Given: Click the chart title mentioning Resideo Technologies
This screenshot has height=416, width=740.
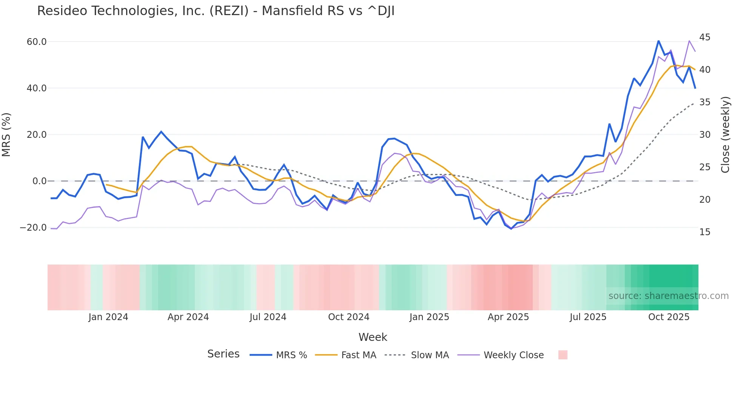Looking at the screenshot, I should [x=216, y=11].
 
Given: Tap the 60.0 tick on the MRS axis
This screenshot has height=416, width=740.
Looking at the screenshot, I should [x=37, y=42].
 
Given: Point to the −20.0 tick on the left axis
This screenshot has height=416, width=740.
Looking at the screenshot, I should [x=33, y=228].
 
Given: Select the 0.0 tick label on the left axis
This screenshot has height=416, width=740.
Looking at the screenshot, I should [x=39, y=181].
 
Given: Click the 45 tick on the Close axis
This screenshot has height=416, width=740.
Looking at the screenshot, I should [x=705, y=37].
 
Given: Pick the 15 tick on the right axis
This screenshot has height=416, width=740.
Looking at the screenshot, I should [x=705, y=232].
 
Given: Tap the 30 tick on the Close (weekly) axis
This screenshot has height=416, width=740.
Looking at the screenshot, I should [x=705, y=135].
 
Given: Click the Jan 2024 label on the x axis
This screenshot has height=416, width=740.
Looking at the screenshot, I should [x=108, y=317].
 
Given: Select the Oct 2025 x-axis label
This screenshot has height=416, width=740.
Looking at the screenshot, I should [x=669, y=317].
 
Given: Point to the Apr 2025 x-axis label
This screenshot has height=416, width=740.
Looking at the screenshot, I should [x=508, y=317].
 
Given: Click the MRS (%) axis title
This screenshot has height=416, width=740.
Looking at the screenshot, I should [x=6, y=134].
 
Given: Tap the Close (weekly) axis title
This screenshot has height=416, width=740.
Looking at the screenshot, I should [x=725, y=134].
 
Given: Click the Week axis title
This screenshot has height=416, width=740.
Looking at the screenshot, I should [x=373, y=337].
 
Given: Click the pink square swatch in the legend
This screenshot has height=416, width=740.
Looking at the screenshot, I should [x=563, y=355].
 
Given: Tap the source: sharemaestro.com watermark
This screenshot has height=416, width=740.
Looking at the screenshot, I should [x=668, y=296].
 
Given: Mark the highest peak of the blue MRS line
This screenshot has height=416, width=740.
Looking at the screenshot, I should [x=658, y=41].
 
